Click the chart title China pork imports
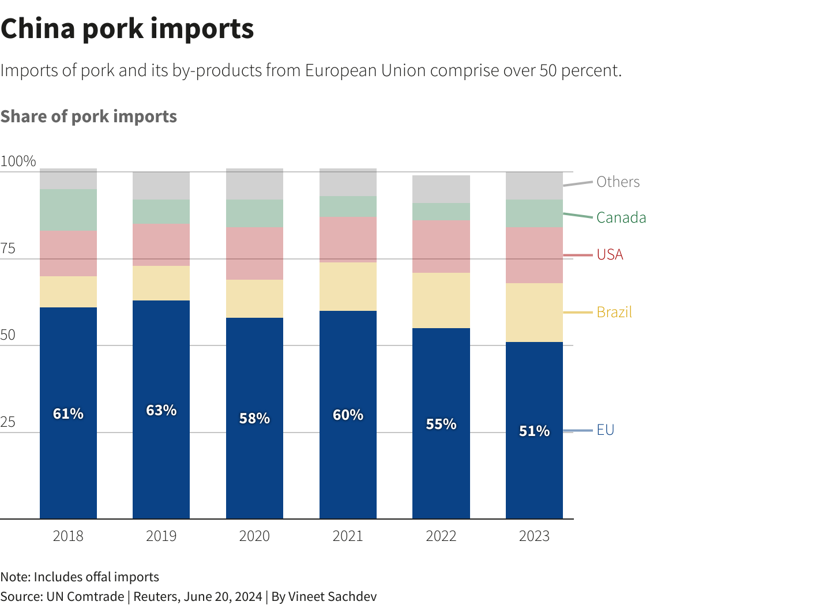tap(127, 29)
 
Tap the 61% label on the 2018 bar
tap(68, 413)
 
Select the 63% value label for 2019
tap(161, 410)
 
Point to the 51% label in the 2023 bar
tap(534, 431)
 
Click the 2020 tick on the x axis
tap(254, 536)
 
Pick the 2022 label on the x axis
tap(441, 536)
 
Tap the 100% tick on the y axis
tap(18, 161)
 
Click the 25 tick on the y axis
tap(8, 422)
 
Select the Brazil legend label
tap(614, 312)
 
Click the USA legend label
tap(610, 254)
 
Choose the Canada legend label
tap(621, 217)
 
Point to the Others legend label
tap(618, 182)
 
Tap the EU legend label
tap(605, 430)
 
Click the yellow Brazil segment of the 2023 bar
tap(534, 313)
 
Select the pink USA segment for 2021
tap(348, 239)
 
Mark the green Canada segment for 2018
tap(68, 210)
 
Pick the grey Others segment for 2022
tap(441, 189)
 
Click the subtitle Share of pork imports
tap(89, 116)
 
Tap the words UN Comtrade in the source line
tap(85, 596)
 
